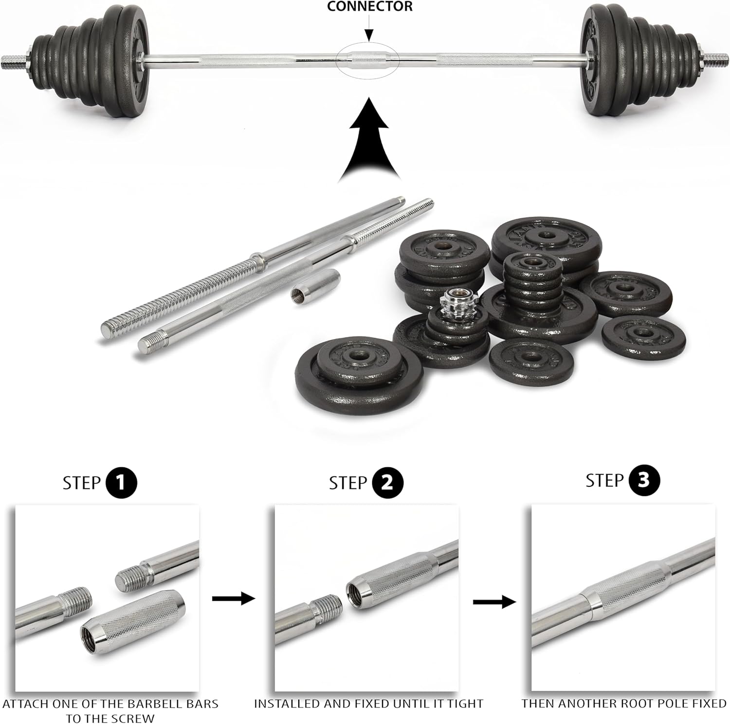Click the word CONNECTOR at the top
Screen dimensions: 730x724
(370, 6)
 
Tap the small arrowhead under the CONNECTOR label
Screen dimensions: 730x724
(369, 35)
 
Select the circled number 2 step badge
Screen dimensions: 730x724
(387, 483)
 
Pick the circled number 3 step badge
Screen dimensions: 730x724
(643, 480)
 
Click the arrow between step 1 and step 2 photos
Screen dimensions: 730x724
(234, 598)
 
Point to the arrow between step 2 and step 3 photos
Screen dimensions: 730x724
(494, 602)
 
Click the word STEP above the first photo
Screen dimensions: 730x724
(82, 483)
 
